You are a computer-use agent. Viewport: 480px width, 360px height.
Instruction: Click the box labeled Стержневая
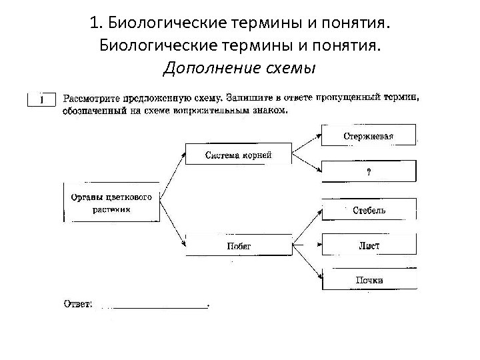369,135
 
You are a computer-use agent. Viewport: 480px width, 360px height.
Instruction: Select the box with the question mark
369,171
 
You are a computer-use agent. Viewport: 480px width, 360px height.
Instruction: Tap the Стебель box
369,210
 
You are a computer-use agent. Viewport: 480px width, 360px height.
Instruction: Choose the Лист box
369,245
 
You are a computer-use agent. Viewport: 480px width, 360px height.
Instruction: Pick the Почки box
369,279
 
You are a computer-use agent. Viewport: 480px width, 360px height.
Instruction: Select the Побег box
239,245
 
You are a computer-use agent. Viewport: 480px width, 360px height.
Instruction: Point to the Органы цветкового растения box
111,202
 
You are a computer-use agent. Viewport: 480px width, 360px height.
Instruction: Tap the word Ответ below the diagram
77,304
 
